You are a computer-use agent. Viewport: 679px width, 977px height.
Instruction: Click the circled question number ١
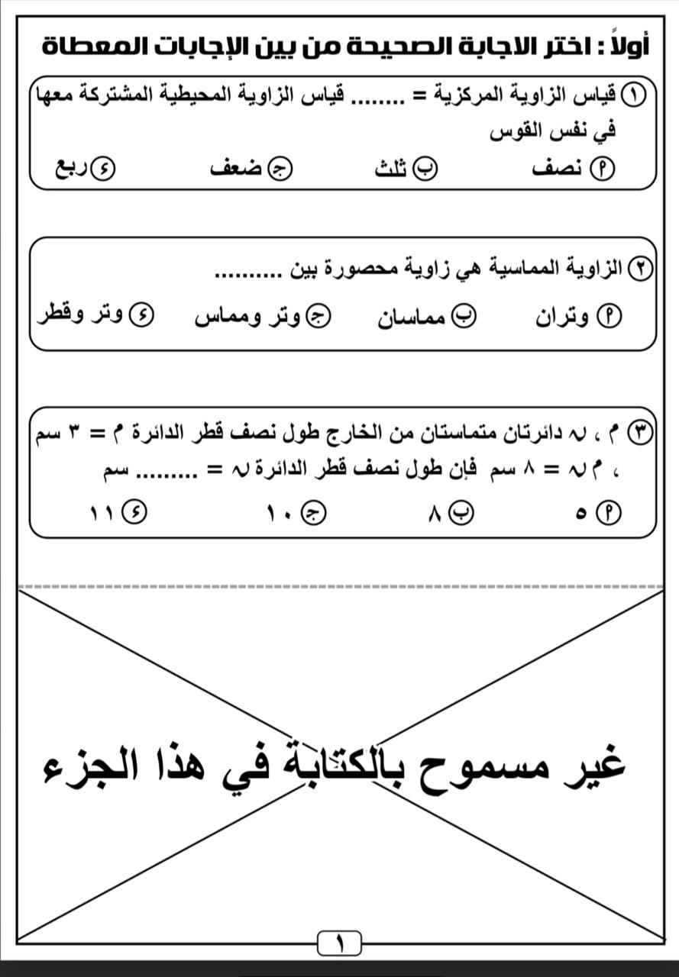click(635, 95)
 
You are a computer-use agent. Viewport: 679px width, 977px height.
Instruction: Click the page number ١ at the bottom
click(339, 944)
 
